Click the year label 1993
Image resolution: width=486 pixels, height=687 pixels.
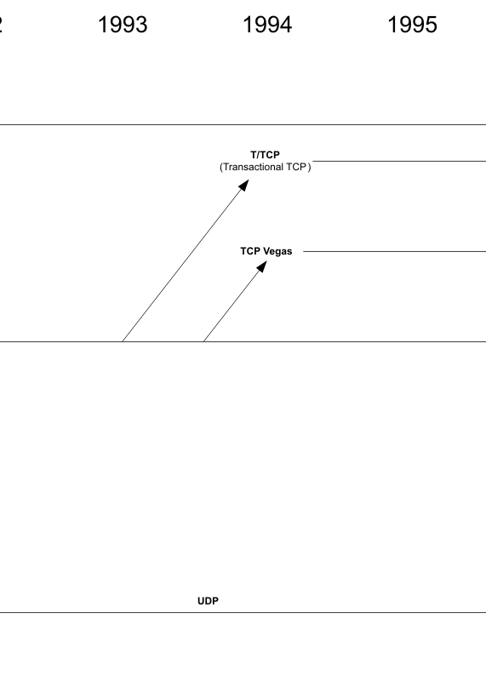click(123, 25)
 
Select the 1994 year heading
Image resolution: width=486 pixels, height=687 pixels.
click(267, 25)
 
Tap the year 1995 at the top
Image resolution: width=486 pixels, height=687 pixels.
click(413, 25)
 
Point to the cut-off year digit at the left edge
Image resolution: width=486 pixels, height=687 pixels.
click(2, 25)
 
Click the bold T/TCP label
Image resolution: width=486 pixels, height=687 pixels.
click(266, 155)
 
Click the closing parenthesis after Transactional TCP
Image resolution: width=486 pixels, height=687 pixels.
click(309, 167)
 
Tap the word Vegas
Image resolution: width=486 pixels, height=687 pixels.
click(277, 251)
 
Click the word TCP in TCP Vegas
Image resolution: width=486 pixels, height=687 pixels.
click(250, 251)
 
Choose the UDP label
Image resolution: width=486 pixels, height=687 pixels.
click(209, 601)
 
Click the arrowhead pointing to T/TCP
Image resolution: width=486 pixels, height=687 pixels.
click(244, 185)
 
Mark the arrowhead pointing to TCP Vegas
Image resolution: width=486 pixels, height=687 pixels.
click(262, 266)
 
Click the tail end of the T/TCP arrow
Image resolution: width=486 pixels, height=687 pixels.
click(123, 341)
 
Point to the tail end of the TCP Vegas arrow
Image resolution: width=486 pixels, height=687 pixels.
click(203, 341)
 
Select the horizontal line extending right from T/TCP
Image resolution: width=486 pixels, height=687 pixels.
click(399, 161)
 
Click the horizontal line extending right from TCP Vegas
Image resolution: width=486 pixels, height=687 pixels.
click(394, 251)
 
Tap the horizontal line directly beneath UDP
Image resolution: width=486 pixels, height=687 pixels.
click(243, 612)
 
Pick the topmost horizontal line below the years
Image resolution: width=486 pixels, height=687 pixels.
click(243, 125)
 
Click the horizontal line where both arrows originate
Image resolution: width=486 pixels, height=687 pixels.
click(243, 341)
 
